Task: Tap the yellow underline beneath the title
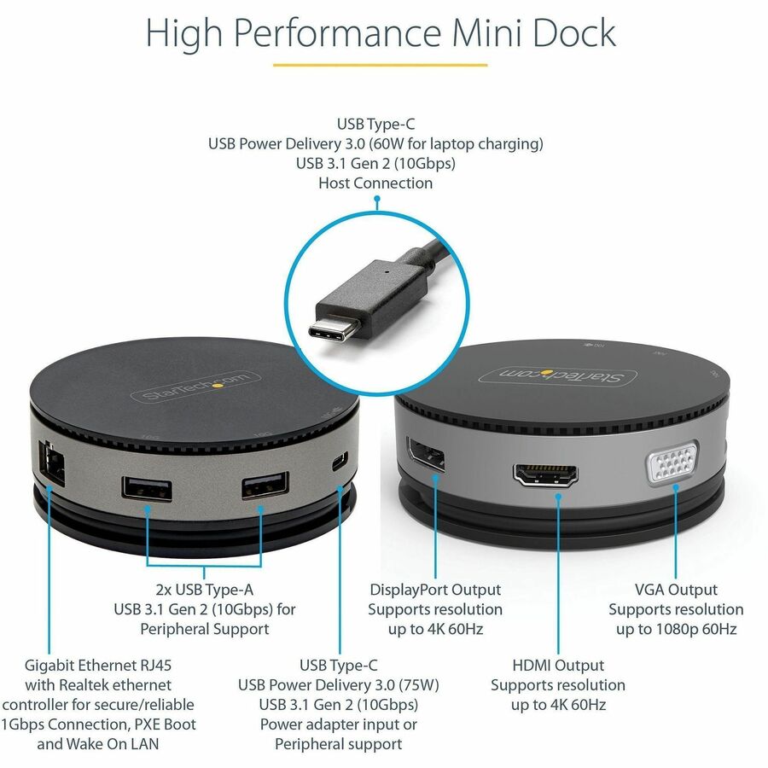(380, 65)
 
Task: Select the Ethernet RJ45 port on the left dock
(51, 463)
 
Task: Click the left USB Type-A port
(147, 488)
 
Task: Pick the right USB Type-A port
(265, 486)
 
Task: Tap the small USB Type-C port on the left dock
(340, 462)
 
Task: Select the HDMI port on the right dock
(545, 474)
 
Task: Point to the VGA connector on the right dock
(672, 462)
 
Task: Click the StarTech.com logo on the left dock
(195, 387)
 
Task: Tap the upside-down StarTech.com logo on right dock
(558, 375)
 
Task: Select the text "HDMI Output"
(558, 665)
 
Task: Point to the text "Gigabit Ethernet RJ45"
(98, 665)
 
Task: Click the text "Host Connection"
(375, 183)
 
